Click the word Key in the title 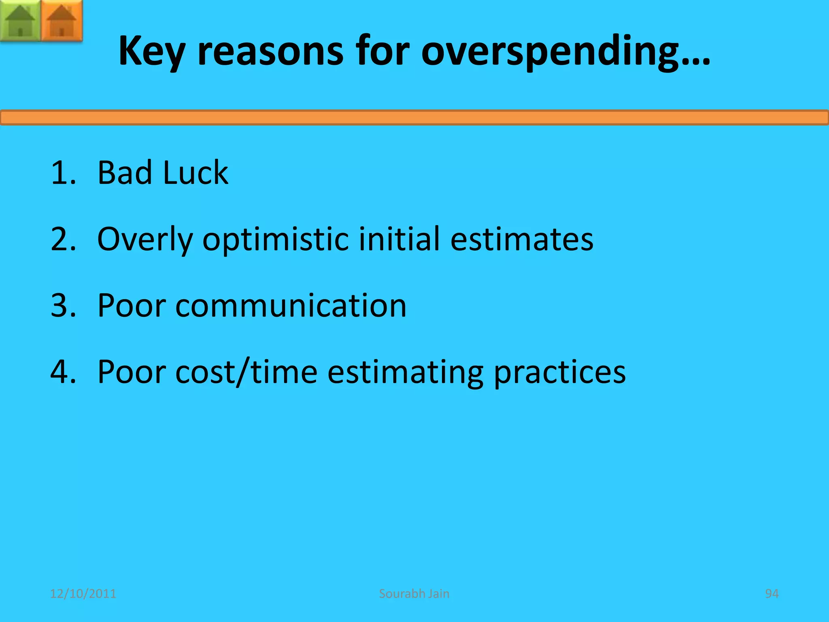point(152,51)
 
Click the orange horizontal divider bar point(414,117)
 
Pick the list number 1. point(63,173)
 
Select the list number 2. point(63,239)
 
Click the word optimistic point(275,240)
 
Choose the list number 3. point(63,306)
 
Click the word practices point(559,373)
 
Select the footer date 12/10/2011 point(83,594)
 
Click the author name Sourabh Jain point(414,594)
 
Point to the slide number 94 point(772,594)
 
